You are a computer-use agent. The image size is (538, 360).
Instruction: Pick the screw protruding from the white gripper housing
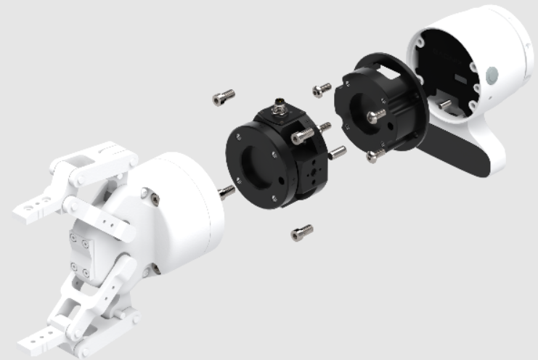coord(226,192)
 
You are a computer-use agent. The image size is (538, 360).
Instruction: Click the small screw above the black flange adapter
coord(321,89)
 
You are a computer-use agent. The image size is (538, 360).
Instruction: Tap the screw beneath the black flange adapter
coord(375,155)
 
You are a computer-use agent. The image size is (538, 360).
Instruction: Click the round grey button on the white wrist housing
coord(493,75)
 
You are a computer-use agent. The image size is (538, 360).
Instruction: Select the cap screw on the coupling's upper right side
coord(301,136)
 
